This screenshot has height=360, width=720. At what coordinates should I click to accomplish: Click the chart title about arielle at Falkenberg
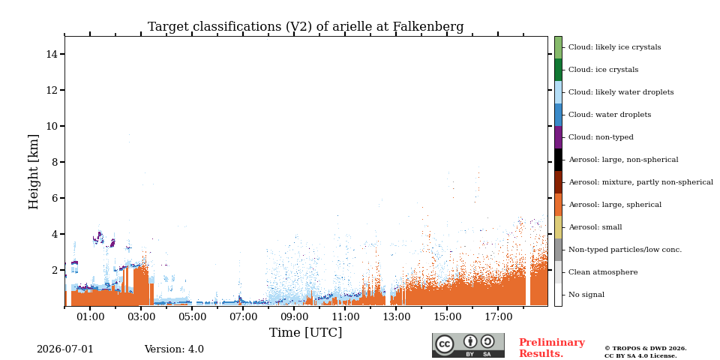[305, 27]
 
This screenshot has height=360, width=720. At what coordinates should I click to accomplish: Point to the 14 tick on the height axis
[52, 54]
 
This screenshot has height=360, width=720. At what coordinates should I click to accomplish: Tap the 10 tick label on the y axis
[52, 126]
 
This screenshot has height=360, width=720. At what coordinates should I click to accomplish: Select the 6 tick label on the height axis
[54, 198]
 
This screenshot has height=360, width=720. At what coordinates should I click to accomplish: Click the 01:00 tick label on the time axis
[90, 316]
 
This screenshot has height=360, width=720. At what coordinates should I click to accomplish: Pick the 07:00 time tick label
[243, 316]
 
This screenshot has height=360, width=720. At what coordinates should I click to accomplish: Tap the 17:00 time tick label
[499, 316]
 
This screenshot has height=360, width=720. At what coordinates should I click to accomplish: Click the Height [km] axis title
[34, 172]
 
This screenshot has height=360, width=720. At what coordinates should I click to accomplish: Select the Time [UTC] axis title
[305, 332]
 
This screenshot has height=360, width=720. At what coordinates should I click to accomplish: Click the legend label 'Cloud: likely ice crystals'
[615, 47]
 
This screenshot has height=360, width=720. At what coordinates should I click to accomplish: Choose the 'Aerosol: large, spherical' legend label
[615, 205]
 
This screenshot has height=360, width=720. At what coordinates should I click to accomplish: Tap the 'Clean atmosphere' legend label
[603, 272]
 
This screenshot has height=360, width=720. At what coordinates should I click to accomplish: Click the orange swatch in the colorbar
[558, 205]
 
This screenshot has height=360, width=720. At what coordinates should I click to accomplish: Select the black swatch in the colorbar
[558, 160]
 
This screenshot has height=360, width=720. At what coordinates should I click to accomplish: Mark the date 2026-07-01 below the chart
[64, 349]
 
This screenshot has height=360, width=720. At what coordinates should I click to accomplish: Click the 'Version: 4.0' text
[174, 349]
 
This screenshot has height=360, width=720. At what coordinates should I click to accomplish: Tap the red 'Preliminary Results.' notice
[552, 348]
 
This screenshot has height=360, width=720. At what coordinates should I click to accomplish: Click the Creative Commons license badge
[468, 345]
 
